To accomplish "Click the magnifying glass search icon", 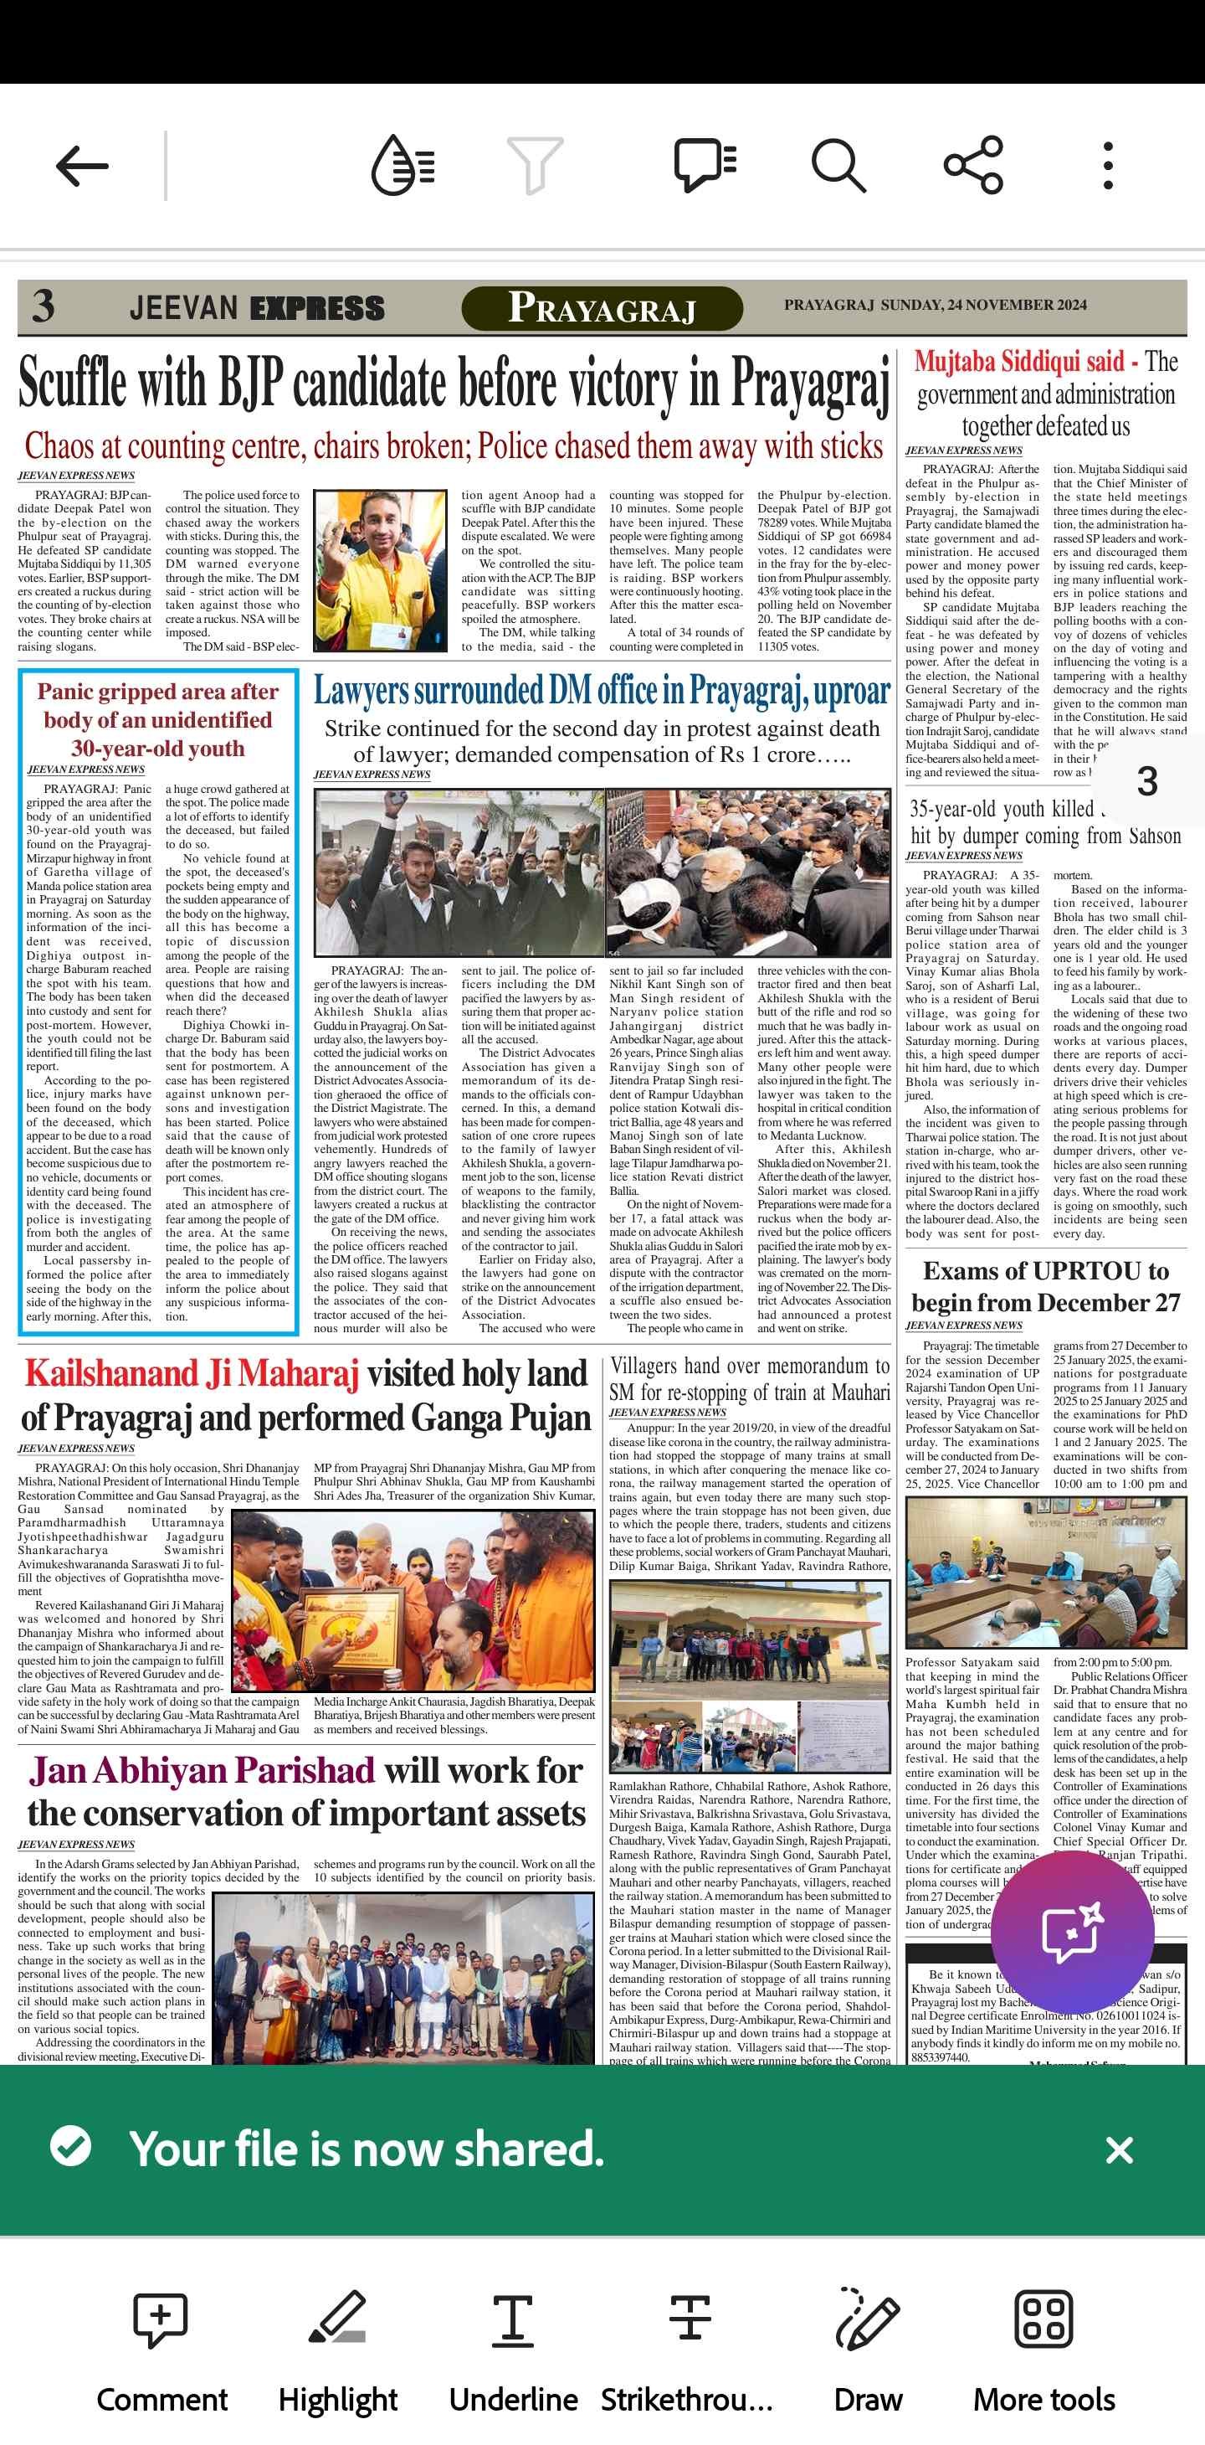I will [838, 165].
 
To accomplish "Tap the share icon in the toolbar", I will [973, 165].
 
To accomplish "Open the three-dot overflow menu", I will [1107, 166].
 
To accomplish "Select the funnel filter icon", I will [535, 165].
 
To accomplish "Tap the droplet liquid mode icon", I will [403, 165].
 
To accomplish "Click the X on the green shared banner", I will [1120, 2149].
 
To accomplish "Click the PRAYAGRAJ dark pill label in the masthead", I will [602, 308].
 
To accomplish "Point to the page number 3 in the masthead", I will [44, 306].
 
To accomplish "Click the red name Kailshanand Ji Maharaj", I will [192, 1373].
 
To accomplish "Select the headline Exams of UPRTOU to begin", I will [1046, 1286].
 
